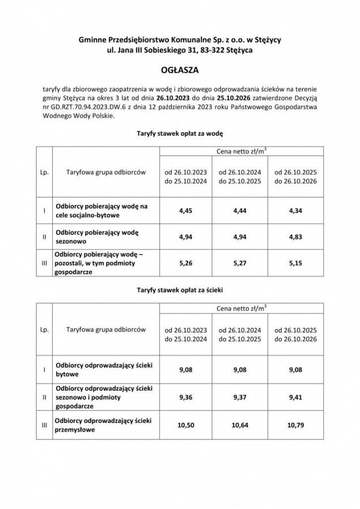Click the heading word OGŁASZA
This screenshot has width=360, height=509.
point(179,72)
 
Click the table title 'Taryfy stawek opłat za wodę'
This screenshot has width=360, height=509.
point(180,135)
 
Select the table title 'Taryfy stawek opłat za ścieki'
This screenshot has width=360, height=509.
point(180,290)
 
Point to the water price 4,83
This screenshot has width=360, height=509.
point(295,238)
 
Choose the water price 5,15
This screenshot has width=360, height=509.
point(295,263)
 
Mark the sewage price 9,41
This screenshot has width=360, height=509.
point(295,396)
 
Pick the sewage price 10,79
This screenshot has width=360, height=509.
point(295,425)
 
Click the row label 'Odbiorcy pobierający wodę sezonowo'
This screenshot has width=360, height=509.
point(97,237)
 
